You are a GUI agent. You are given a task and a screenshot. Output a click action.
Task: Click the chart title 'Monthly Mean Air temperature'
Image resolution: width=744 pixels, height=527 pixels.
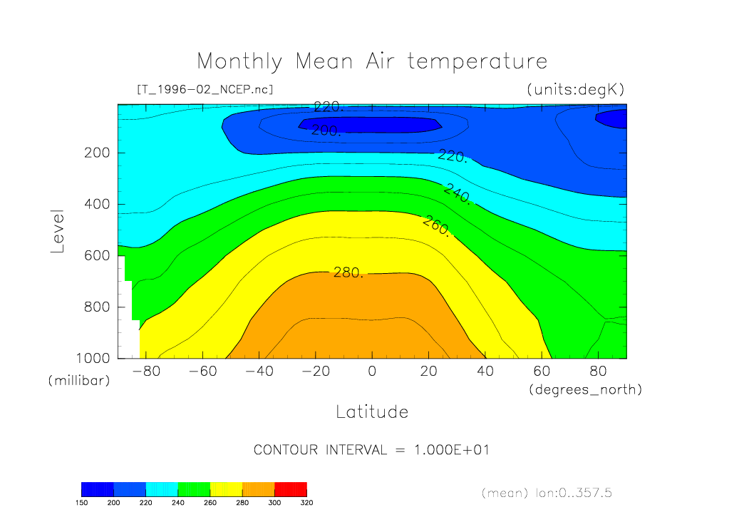tap(372, 61)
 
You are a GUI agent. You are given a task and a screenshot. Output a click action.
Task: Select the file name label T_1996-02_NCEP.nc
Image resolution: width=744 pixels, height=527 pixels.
tap(205, 89)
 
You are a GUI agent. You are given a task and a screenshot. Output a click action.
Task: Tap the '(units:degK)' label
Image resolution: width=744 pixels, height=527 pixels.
tap(575, 90)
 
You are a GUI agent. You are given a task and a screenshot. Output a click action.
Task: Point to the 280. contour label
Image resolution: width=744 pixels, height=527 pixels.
tap(348, 272)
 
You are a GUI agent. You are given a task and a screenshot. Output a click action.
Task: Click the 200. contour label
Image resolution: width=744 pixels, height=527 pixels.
tap(326, 130)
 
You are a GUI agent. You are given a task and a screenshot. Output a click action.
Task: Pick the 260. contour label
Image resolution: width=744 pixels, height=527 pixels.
tap(435, 225)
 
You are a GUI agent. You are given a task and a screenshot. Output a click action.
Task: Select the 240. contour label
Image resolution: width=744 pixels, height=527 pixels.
tap(457, 194)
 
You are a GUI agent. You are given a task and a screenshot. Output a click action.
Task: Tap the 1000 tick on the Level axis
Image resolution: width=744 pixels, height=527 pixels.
tap(93, 358)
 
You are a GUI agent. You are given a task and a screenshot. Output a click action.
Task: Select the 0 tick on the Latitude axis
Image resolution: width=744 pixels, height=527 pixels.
tap(371, 372)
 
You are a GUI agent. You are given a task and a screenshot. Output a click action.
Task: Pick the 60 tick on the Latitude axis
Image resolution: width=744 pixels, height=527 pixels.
tap(541, 372)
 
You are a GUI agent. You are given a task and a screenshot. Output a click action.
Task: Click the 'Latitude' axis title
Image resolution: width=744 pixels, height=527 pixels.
tap(372, 411)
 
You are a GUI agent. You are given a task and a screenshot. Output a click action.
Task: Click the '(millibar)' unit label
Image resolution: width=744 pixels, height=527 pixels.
tap(79, 381)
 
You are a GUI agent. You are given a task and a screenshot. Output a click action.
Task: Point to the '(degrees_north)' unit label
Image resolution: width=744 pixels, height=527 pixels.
tap(585, 389)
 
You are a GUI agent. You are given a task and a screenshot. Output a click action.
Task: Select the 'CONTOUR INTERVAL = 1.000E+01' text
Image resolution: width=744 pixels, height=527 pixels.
tap(371, 450)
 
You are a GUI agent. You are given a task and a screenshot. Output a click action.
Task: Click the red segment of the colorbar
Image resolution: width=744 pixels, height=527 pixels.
tap(291, 488)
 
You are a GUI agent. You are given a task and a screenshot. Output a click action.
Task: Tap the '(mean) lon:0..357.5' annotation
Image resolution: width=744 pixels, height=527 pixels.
tap(547, 493)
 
